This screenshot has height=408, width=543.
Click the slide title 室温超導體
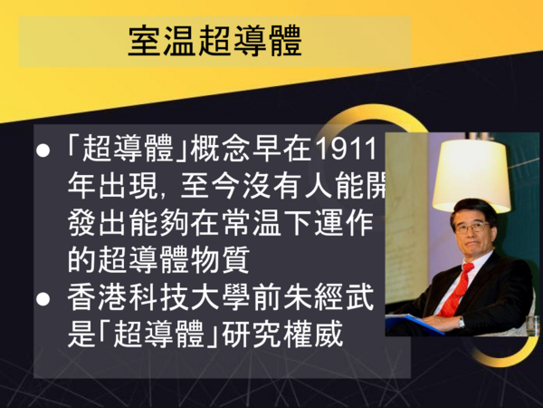214,41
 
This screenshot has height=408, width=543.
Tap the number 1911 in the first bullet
346,150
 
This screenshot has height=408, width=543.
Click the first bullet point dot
43,151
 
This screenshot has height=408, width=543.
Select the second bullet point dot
43,298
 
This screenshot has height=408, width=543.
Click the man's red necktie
455,290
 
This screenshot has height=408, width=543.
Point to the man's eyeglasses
472,228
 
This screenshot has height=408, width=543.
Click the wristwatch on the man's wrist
461,322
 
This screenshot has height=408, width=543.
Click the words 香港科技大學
158,298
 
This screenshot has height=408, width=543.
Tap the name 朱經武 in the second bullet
329,298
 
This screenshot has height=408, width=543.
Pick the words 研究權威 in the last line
282,335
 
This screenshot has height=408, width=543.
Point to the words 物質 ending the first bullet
220,260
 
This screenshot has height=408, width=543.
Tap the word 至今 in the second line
211,186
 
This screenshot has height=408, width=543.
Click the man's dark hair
473,209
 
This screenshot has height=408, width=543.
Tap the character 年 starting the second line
81,186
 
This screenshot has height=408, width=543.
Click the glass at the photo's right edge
532,325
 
